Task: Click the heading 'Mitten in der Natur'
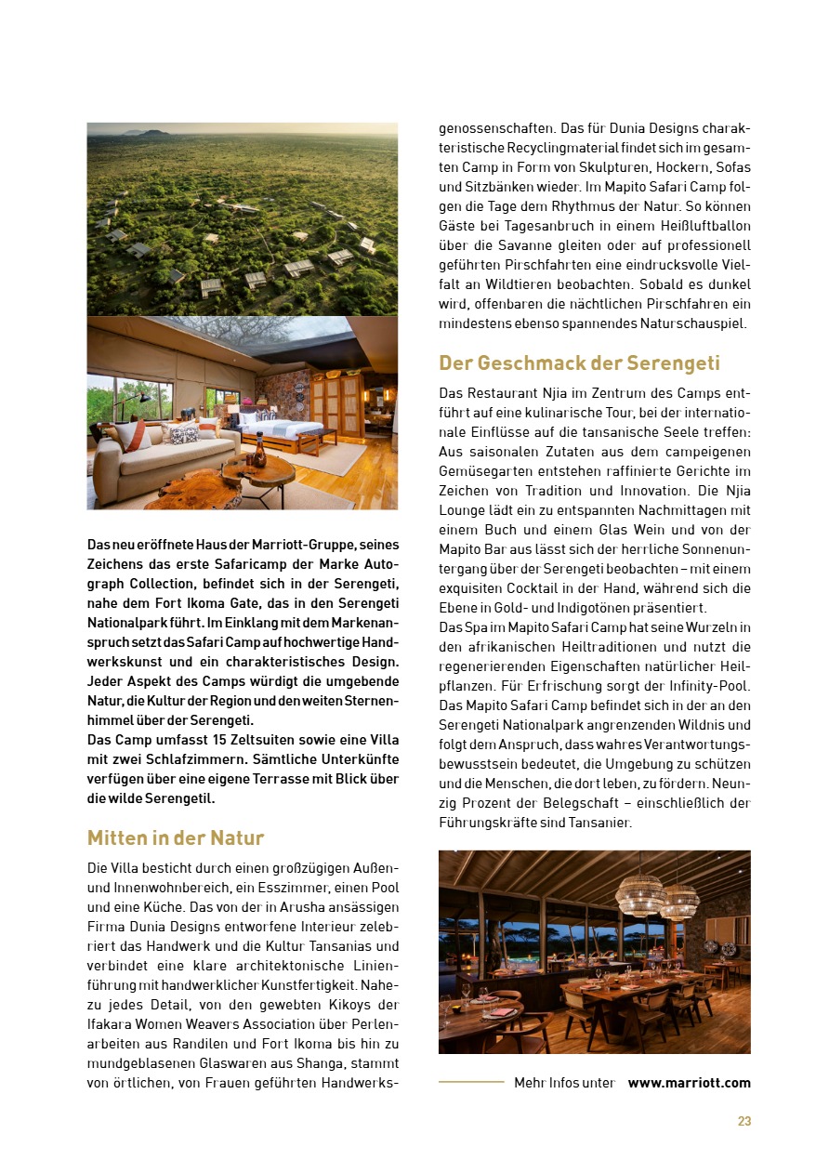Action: pyautogui.click(x=176, y=837)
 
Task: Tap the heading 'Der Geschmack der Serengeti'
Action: pyautogui.click(x=579, y=362)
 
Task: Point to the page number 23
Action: pyautogui.click(x=743, y=1121)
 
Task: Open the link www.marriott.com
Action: pyautogui.click(x=689, y=1083)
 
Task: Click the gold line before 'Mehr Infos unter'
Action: pyautogui.click(x=471, y=1082)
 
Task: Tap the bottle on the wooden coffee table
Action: pyautogui.click(x=260, y=455)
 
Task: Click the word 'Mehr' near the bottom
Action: pyautogui.click(x=529, y=1083)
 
